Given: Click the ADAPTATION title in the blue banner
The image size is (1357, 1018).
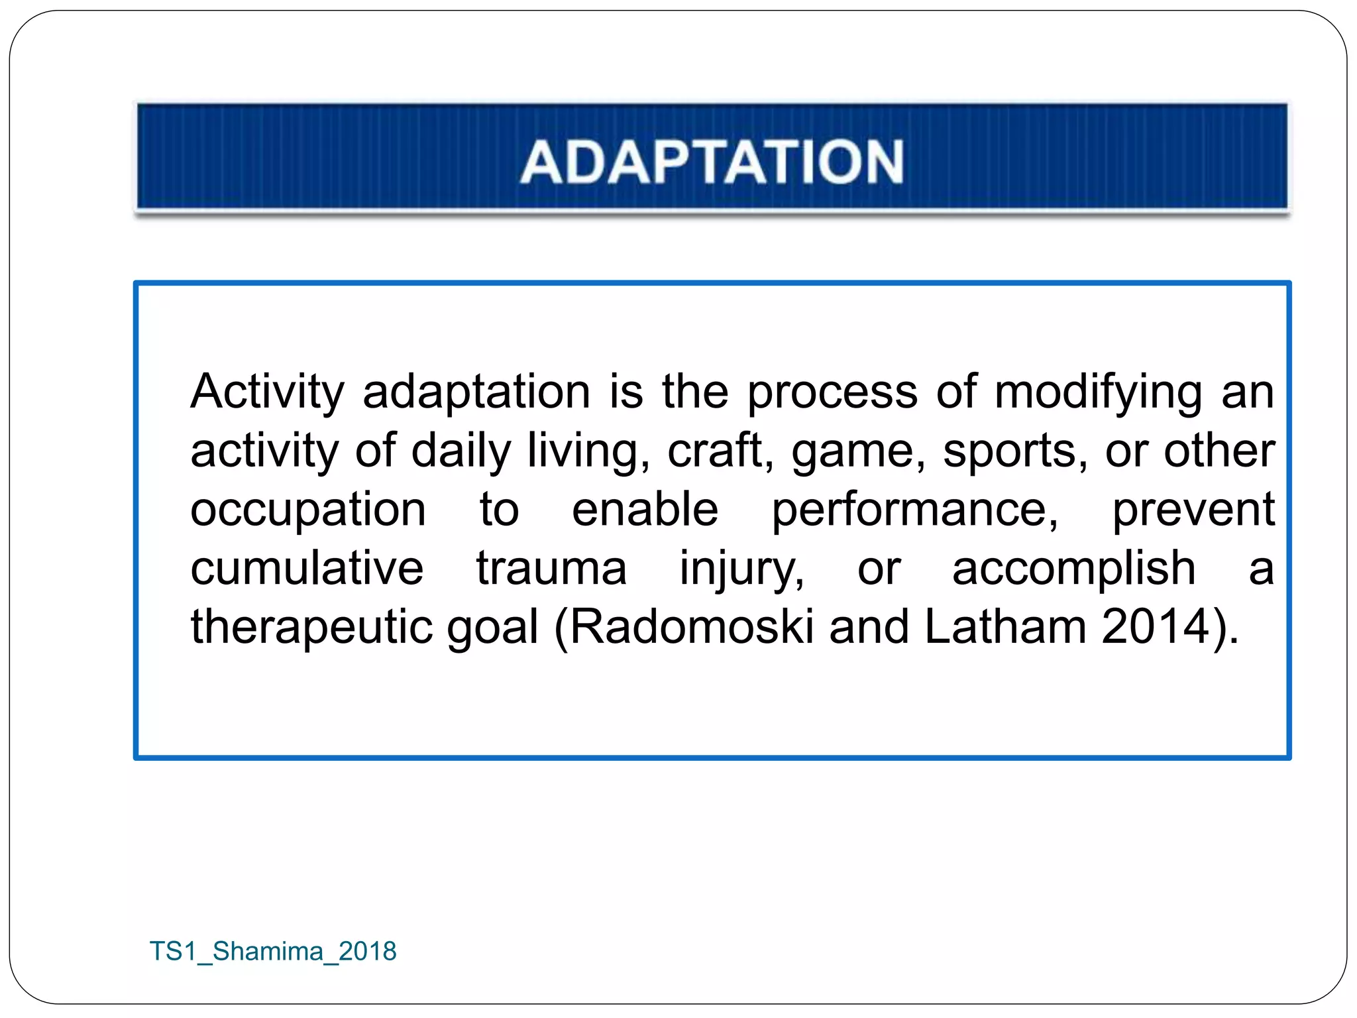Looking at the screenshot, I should (712, 162).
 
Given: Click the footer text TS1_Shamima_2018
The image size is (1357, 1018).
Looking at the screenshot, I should (273, 951).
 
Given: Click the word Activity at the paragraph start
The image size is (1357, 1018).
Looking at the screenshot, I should (267, 392).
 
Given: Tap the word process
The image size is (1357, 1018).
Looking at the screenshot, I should (832, 392).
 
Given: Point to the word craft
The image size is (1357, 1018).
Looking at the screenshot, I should (720, 451).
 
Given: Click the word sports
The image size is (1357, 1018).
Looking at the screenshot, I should (1014, 451).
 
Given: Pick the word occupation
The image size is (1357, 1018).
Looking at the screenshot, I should (308, 510).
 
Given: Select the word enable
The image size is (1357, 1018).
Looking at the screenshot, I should (645, 510).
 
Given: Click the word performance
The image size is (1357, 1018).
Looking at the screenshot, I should (915, 510).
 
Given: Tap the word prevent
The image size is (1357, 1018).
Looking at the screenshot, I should (1193, 510).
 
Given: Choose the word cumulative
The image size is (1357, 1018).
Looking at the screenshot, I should (307, 569).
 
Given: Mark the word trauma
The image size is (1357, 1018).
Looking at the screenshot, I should (551, 569).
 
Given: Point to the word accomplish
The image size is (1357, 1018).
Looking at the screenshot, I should (1073, 569).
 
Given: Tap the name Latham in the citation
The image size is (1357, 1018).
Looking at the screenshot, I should (1004, 627).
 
